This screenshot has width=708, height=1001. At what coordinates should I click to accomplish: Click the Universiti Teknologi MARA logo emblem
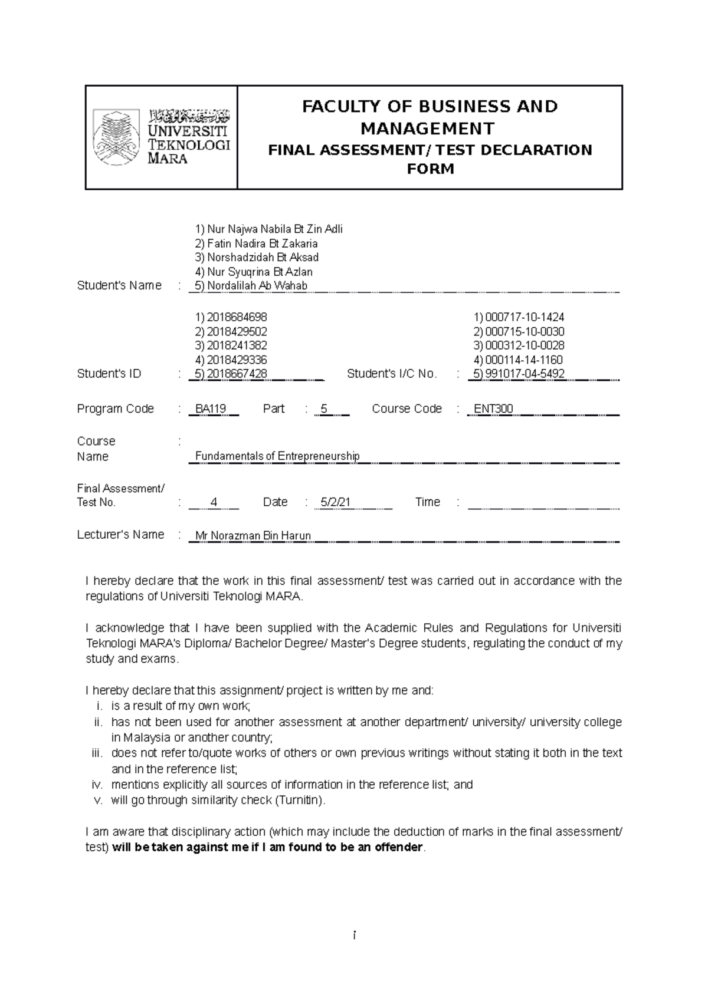[x=116, y=137]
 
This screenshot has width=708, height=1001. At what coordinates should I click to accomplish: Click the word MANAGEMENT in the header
[x=428, y=129]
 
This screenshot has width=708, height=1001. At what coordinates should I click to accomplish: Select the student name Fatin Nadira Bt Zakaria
[x=257, y=243]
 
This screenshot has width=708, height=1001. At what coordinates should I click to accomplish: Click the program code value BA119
[x=211, y=409]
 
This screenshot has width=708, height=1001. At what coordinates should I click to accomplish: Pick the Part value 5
[x=323, y=409]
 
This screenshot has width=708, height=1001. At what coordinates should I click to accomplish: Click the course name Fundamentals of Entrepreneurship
[x=277, y=456]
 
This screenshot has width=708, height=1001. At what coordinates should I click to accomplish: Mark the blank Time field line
[x=543, y=506]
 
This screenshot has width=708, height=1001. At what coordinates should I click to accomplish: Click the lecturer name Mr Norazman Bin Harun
[x=253, y=536]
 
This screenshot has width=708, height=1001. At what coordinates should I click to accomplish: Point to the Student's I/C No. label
[x=392, y=374]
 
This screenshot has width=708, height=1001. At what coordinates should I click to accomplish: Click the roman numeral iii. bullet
[x=97, y=753]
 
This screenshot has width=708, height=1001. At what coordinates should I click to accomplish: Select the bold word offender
[x=399, y=848]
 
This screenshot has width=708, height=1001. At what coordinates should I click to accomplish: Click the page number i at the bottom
[x=354, y=936]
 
